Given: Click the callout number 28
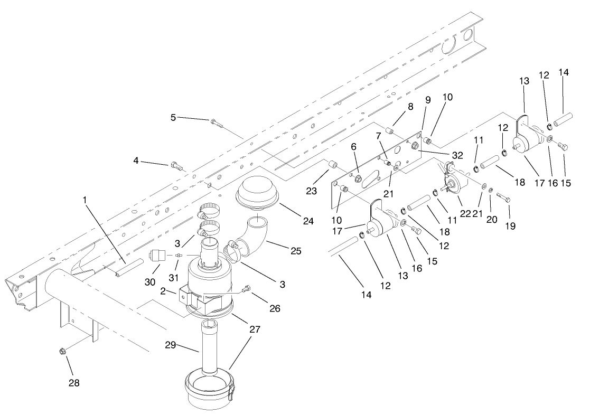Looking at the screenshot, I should pyautogui.click(x=74, y=383).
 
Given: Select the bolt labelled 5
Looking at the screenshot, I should pyautogui.click(x=217, y=122).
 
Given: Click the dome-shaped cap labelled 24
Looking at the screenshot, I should pyautogui.click(x=256, y=196).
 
